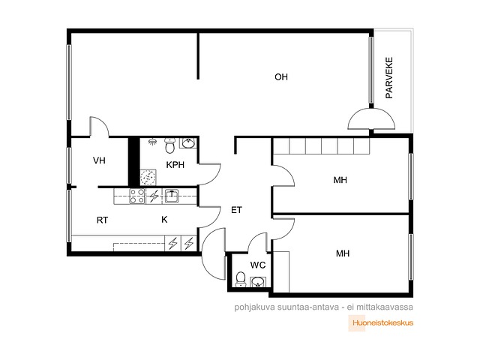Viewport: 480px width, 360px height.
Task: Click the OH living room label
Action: [x=281, y=76]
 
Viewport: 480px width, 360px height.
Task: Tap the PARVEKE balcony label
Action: [x=388, y=78]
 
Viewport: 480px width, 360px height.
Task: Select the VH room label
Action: [x=99, y=160]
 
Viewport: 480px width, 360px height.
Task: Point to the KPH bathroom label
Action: [x=175, y=165]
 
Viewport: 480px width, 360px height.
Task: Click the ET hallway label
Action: [x=236, y=210]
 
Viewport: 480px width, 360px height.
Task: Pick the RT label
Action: [x=102, y=220]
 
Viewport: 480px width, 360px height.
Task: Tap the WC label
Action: [x=258, y=265]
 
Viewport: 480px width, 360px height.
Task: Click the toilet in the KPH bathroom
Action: [x=169, y=145]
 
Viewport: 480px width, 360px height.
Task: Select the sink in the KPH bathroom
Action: [x=188, y=143]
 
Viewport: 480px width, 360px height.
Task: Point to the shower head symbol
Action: [x=152, y=142]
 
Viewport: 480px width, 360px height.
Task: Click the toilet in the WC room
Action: [x=241, y=280]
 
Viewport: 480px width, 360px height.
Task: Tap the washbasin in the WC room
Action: [x=258, y=282]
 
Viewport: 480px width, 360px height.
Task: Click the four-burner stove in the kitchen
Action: [x=136, y=196]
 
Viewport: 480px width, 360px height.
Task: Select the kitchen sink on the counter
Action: [x=172, y=196]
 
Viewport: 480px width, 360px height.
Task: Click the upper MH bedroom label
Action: [x=340, y=180]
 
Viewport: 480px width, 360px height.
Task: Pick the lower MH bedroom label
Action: [x=343, y=253]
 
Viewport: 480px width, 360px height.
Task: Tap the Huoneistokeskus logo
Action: [x=381, y=323]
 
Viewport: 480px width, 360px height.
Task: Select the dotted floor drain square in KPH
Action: [x=148, y=177]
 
